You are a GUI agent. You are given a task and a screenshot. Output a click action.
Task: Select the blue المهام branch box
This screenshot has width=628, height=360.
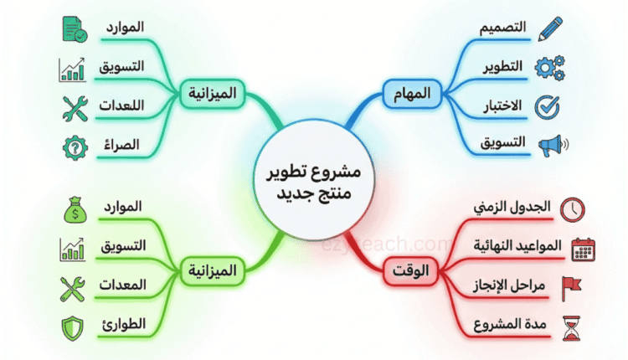click(411, 93)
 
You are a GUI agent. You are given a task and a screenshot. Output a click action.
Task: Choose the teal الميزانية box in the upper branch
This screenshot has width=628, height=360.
click(213, 93)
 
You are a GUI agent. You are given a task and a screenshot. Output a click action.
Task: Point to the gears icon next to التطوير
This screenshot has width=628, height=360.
click(549, 67)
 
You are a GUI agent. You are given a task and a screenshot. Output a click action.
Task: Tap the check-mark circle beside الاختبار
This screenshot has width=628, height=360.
click(548, 105)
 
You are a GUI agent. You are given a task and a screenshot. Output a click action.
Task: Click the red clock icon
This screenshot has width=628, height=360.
click(574, 208)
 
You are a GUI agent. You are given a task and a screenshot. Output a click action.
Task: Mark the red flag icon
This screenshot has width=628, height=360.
click(574, 286)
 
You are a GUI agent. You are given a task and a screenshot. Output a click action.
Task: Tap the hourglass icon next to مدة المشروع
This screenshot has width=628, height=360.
click(574, 326)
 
